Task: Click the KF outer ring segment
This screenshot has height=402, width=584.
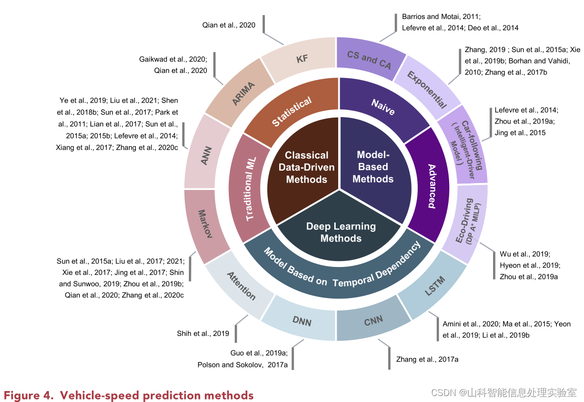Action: [301, 59]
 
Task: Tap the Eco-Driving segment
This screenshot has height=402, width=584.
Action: [467, 222]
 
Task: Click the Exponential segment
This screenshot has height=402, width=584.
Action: [427, 89]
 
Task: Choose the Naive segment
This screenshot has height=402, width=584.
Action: [383, 106]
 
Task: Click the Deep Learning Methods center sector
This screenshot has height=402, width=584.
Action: [341, 232]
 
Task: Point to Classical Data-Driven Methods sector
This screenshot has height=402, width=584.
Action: [306, 167]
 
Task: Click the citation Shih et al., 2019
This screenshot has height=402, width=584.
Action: [203, 333]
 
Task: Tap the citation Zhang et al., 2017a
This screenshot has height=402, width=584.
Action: [427, 359]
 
